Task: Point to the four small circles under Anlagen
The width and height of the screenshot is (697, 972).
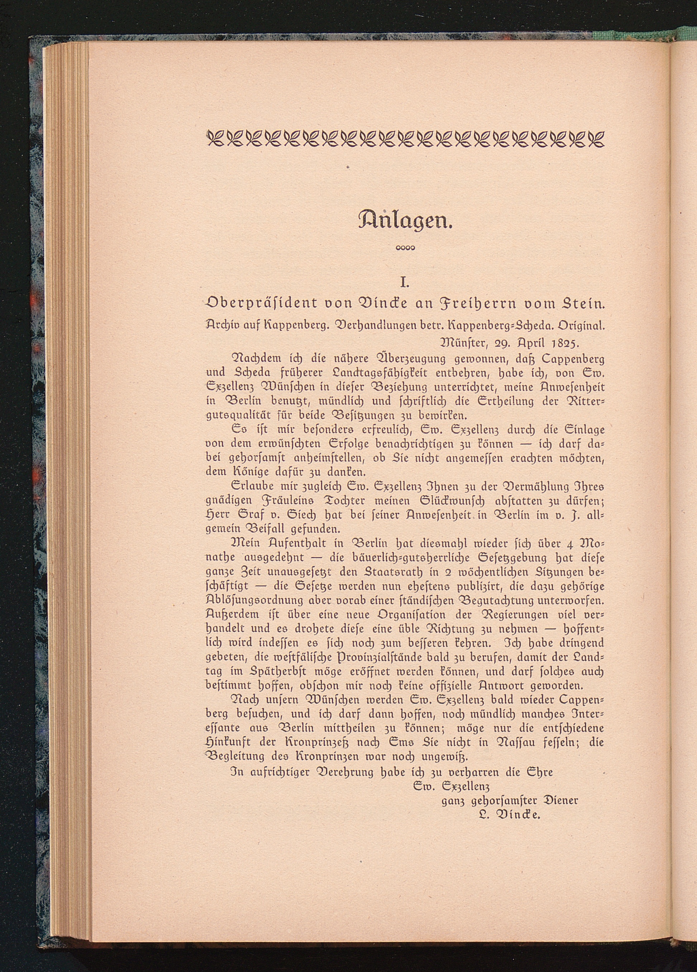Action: [405, 247]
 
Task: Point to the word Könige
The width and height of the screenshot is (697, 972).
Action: [253, 472]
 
